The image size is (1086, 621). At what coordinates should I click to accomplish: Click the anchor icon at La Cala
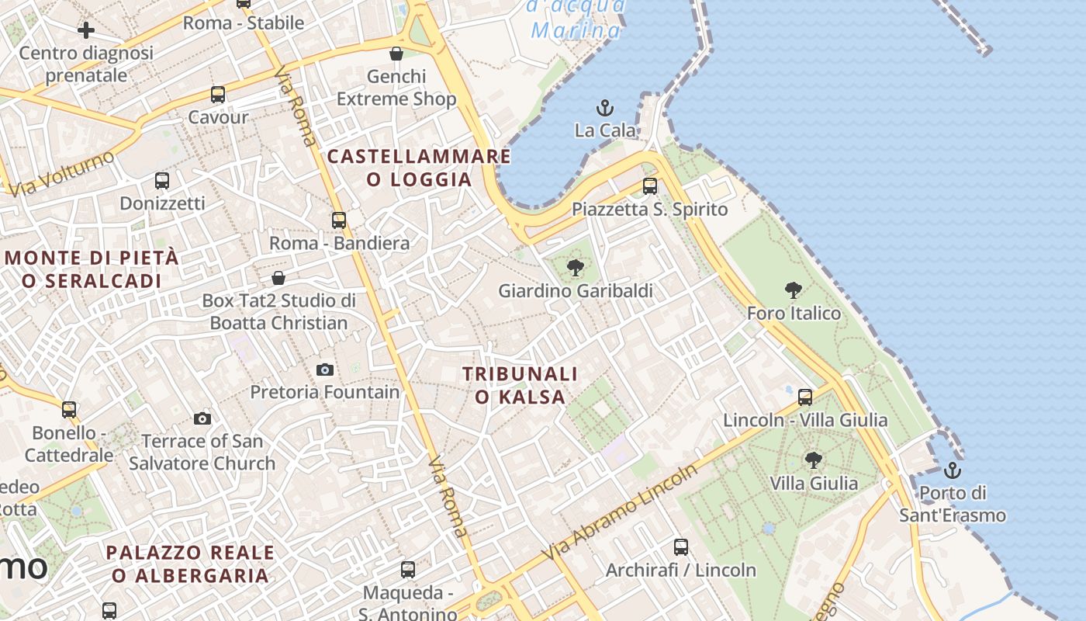point(604,107)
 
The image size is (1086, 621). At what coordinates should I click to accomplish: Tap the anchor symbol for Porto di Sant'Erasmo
point(952,470)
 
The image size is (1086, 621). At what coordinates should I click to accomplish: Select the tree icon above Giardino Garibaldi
point(575,269)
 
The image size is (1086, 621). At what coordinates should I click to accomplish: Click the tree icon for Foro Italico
point(793,291)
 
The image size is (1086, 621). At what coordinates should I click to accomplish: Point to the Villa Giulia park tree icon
point(813,460)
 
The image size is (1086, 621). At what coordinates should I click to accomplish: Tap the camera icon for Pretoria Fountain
point(325,369)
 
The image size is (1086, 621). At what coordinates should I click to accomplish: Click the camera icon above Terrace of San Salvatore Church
point(202,419)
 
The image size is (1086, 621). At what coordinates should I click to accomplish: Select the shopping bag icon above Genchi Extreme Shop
point(396,54)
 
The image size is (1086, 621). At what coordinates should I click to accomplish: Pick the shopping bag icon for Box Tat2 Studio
point(278,278)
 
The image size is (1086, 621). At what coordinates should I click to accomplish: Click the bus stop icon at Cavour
point(218,95)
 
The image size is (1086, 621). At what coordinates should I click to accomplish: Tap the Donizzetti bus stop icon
point(161,181)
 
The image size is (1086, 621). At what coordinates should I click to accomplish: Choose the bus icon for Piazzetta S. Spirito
point(650,186)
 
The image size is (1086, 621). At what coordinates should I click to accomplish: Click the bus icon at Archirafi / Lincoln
point(681,547)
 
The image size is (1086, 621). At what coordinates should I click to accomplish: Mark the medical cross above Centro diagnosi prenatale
point(86,30)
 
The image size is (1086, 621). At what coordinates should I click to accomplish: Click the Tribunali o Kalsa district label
point(520,385)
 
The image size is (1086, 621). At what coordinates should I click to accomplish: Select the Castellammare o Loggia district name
point(419,168)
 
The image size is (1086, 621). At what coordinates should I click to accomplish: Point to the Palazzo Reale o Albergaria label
point(190,564)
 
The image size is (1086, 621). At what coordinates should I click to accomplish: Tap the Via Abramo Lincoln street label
point(621,514)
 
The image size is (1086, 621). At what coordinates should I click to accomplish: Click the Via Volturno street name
point(64,174)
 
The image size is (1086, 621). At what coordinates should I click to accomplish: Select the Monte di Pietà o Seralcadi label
point(92,269)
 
